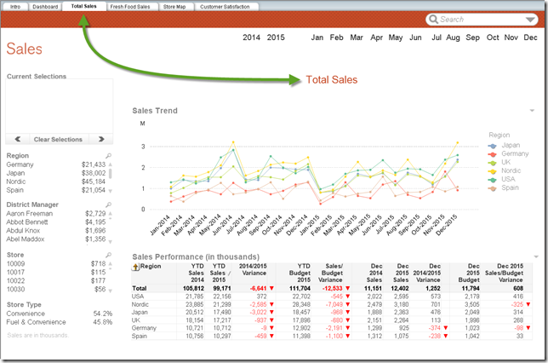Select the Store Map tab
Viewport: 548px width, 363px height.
pos(174,6)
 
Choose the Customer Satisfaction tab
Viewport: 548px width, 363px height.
pos(225,6)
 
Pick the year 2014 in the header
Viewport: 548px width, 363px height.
pos(252,38)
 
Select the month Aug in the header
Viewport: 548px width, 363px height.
pos(453,38)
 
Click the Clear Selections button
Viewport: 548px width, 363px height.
pos(58,139)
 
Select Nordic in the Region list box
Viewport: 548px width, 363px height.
pos(17,181)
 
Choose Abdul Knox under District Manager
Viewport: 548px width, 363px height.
pos(24,231)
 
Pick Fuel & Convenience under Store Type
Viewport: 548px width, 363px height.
pos(36,322)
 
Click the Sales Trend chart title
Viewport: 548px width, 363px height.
pos(156,110)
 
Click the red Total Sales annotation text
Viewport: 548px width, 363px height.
pos(333,81)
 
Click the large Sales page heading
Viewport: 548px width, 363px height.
pos(25,49)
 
